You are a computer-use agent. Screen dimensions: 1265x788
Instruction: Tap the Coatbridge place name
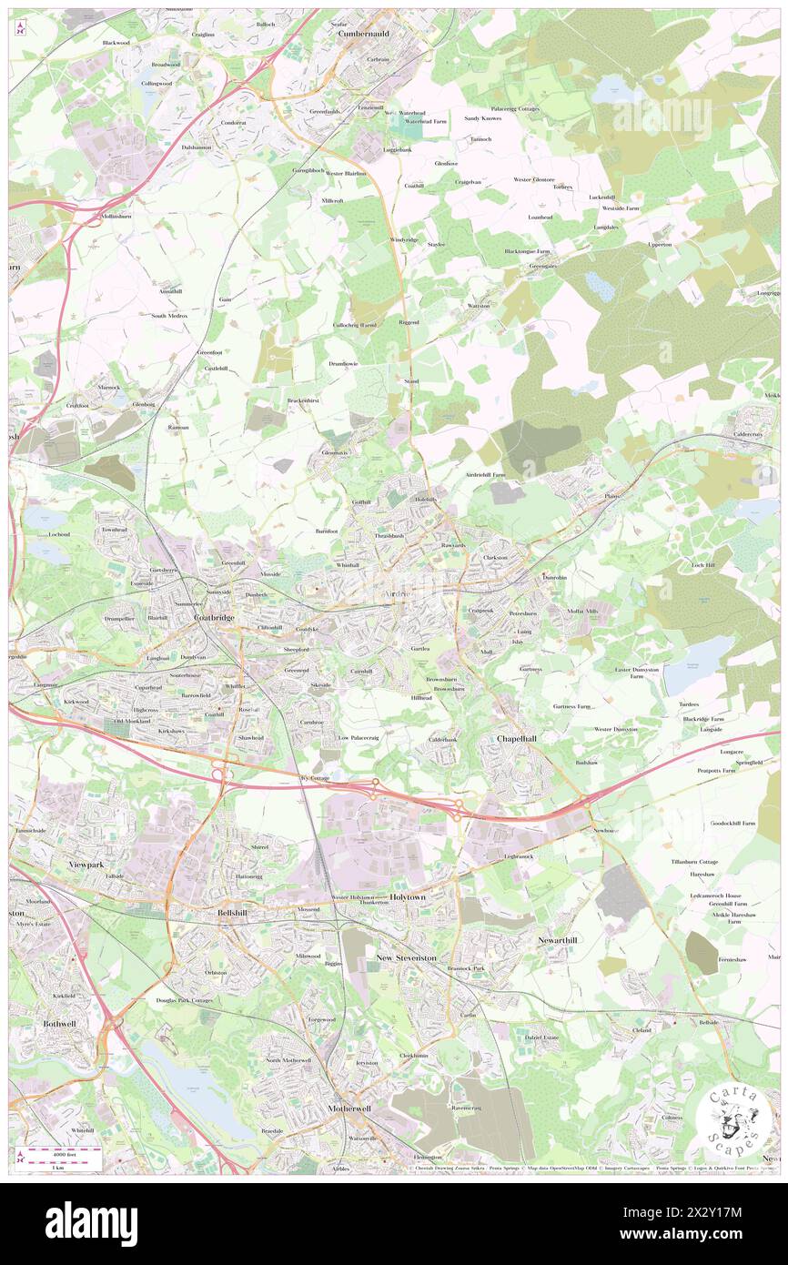215,618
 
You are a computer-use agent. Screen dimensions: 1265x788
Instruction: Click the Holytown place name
408,896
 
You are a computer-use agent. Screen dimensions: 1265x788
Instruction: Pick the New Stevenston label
407,958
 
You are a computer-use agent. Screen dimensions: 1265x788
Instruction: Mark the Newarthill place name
558,939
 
